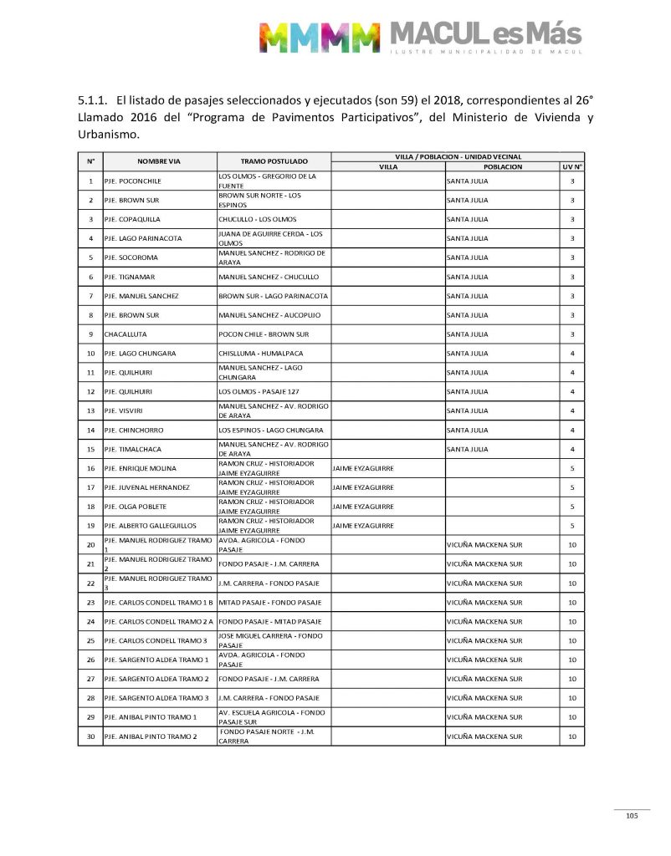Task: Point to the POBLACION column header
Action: coord(502,167)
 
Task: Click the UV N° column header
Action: coord(572,167)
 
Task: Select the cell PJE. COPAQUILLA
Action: coord(132,220)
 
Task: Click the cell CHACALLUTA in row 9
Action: coord(125,334)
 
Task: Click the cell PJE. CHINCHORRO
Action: coord(134,431)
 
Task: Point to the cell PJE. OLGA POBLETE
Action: coord(136,507)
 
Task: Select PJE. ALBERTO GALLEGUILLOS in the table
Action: coord(150,526)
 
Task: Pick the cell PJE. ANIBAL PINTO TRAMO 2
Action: coord(151,736)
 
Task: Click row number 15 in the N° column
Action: coord(90,450)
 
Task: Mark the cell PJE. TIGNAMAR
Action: coord(130,277)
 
